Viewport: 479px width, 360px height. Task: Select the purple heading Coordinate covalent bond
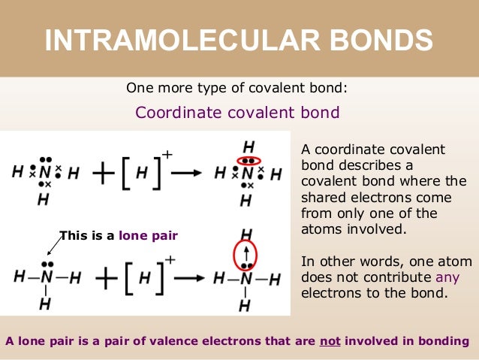coord(237,113)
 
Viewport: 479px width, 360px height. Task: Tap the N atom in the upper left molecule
coord(46,173)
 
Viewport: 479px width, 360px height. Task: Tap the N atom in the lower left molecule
coord(46,277)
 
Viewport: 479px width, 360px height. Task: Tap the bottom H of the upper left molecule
coord(44,200)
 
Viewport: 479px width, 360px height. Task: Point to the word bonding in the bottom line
coord(442,342)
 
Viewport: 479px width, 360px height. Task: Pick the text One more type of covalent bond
coord(237,88)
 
